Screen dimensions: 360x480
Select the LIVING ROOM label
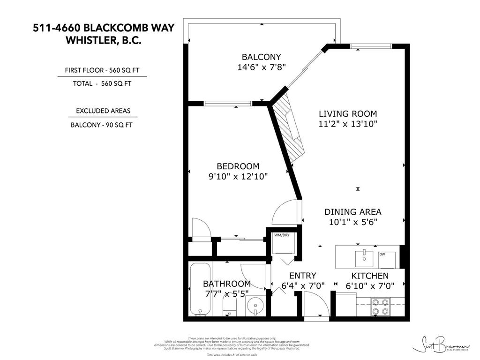coord(348,113)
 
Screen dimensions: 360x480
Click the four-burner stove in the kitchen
coord(379,306)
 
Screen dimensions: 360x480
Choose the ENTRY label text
coord(302,276)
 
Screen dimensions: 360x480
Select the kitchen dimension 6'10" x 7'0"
coord(367,285)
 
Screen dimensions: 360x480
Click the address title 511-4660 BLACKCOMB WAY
coord(103,28)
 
